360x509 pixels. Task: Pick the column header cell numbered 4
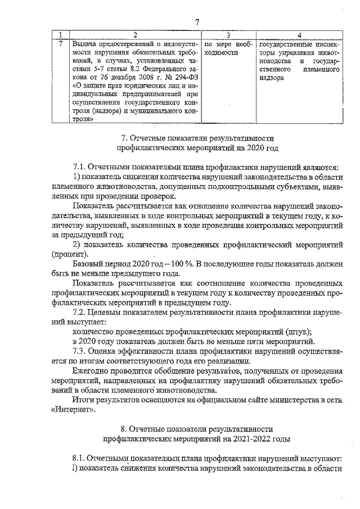(299, 35)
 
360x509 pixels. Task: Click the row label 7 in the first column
(60, 43)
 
